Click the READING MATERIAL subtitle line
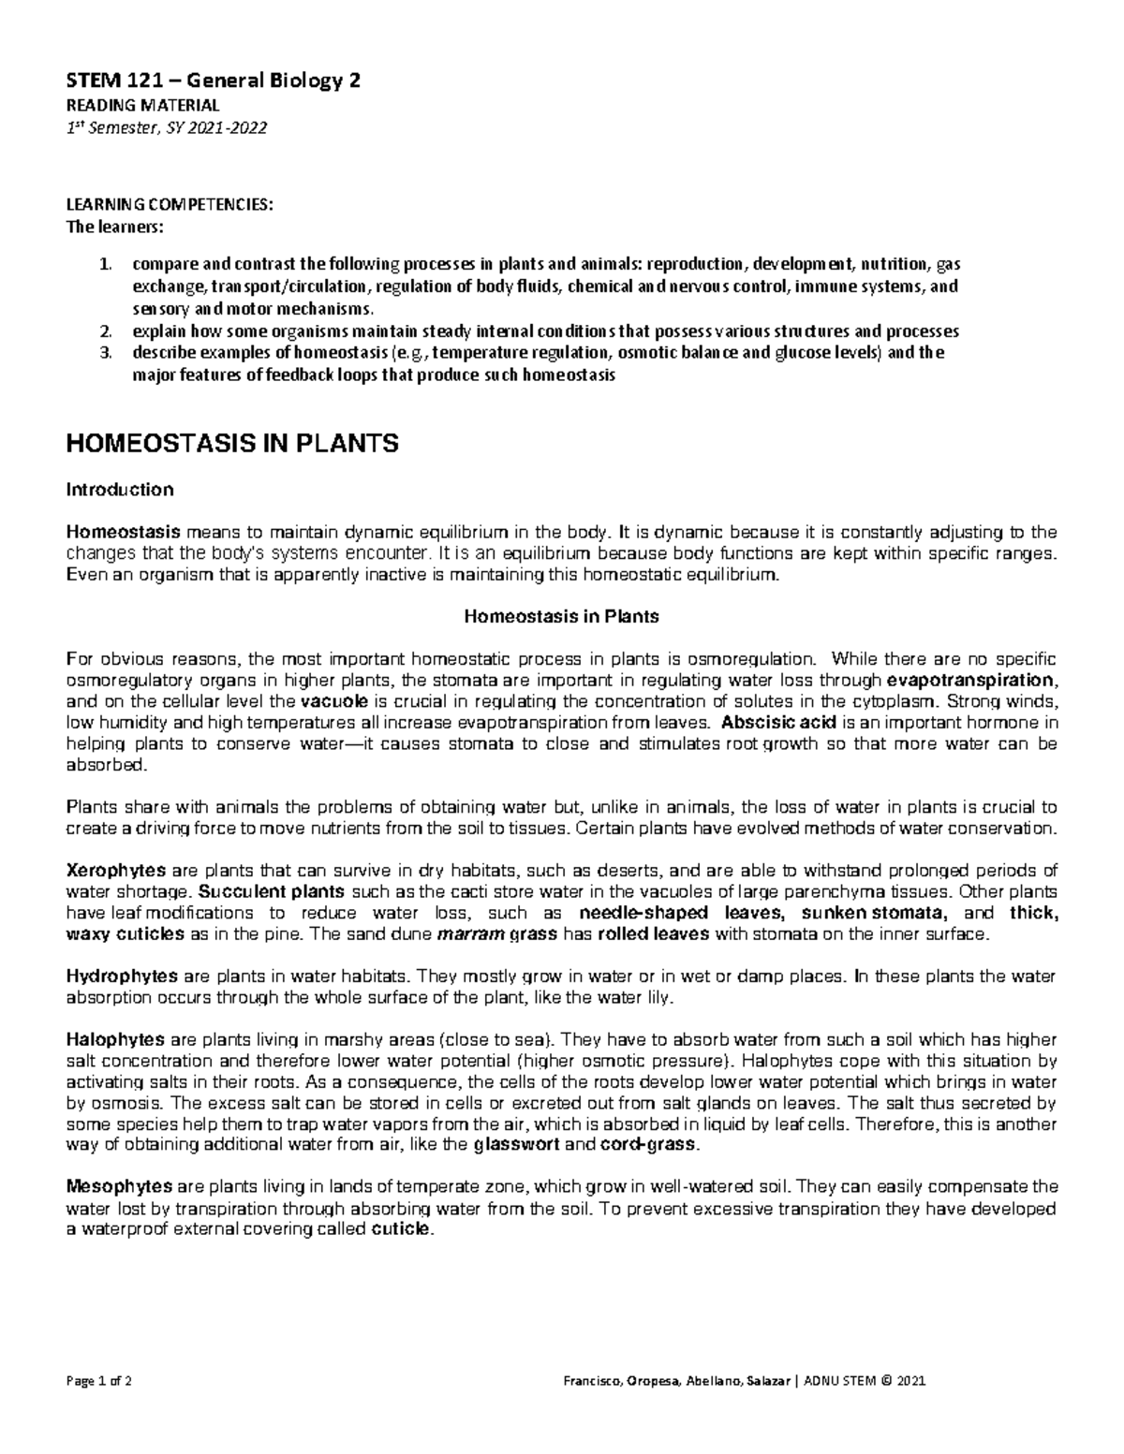142,105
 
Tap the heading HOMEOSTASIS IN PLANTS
232,444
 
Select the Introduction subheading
119,490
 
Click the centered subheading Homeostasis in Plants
562,617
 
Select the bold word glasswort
519,1145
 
